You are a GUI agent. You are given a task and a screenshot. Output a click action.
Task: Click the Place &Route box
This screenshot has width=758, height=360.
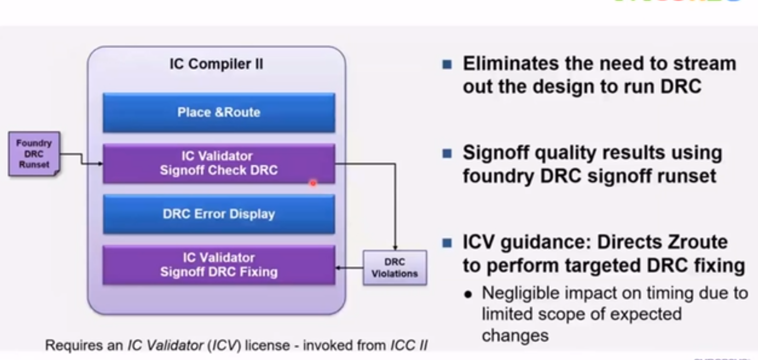(x=219, y=113)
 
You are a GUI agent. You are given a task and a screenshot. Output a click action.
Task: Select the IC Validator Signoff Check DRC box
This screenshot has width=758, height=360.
(x=219, y=163)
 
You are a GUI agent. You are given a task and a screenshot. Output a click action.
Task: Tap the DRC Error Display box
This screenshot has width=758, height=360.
(x=219, y=214)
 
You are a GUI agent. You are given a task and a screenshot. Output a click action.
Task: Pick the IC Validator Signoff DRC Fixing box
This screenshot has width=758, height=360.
(x=219, y=265)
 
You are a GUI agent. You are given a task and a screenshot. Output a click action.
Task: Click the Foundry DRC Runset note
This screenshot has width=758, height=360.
(x=34, y=154)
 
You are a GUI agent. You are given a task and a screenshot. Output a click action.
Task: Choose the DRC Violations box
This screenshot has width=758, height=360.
(x=394, y=268)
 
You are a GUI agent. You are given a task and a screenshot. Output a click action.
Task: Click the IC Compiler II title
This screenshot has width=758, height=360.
(x=216, y=64)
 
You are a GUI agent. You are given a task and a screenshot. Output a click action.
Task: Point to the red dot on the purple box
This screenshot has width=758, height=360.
(x=313, y=183)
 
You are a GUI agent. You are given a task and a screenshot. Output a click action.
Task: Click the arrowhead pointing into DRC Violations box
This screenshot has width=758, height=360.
(x=395, y=248)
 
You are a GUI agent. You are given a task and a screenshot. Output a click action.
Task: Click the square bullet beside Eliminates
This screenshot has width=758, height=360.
(x=447, y=64)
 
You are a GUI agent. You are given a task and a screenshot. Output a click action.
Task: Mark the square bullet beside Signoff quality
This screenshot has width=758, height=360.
(x=447, y=153)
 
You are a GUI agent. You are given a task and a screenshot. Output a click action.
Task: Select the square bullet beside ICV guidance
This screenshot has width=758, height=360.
(x=447, y=242)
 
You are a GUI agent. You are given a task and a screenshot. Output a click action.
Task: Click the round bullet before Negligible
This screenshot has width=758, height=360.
(x=468, y=294)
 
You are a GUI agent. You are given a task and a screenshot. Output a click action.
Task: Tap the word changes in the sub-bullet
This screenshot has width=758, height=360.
(x=515, y=336)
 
